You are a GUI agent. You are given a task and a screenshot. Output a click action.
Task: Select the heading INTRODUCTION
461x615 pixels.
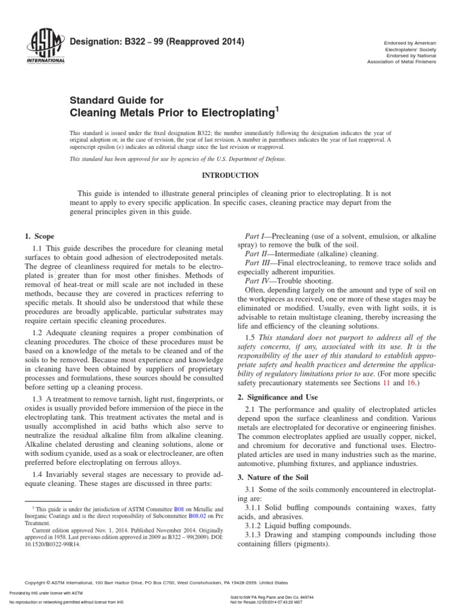(x=230, y=175)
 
